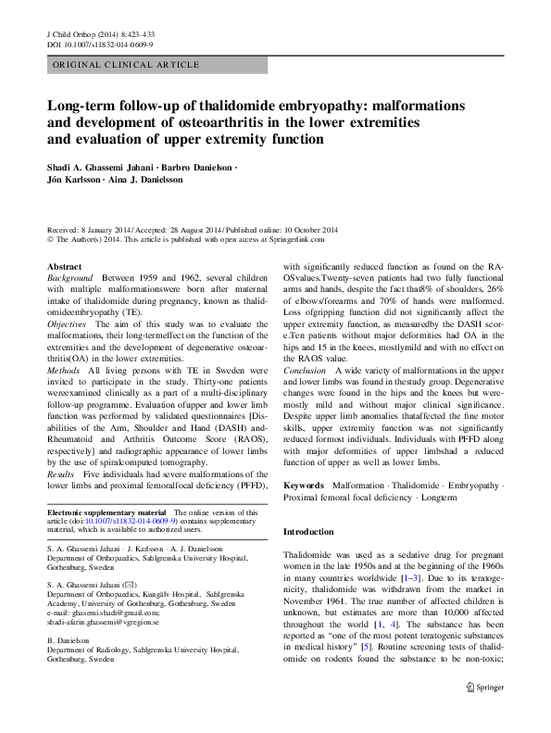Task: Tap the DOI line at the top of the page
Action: [99, 44]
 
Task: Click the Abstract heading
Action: [64, 267]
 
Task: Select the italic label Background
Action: [70, 278]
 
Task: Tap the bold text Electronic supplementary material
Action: [106, 512]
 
